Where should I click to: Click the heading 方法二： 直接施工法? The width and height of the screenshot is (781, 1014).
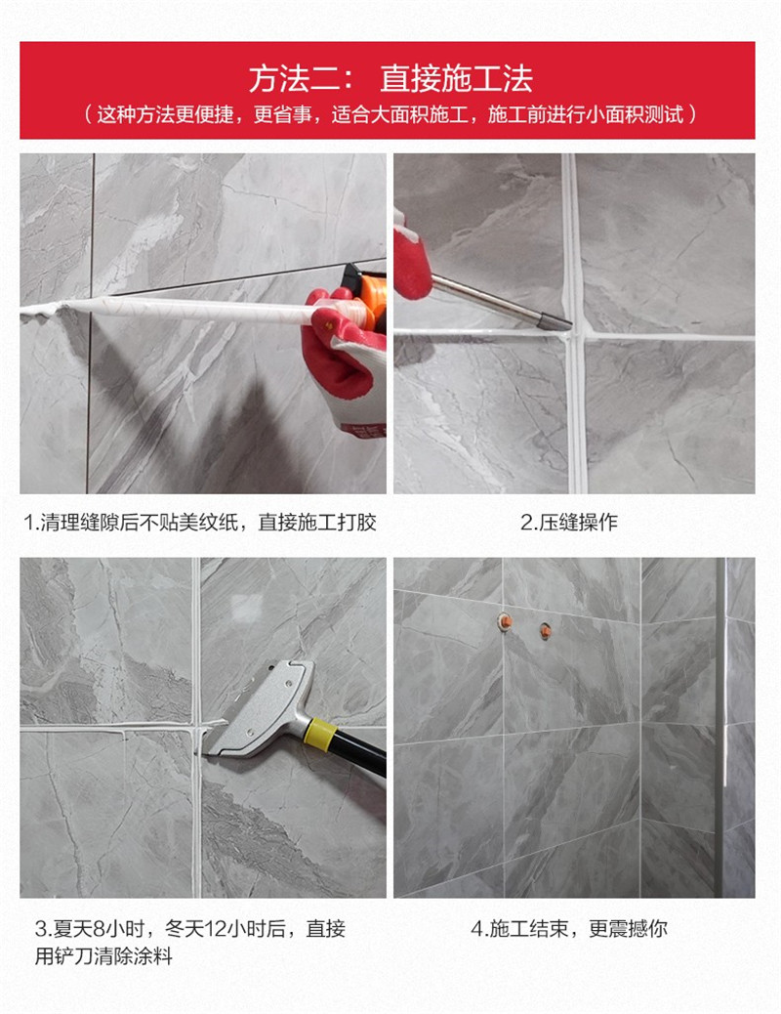coord(390,79)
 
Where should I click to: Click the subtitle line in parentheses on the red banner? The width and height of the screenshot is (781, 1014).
coord(390,115)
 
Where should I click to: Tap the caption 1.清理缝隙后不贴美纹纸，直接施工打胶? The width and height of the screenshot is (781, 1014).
coord(200,522)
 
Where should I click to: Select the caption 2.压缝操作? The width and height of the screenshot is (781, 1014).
coord(569,522)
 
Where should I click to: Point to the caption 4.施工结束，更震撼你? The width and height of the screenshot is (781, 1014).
coord(569,929)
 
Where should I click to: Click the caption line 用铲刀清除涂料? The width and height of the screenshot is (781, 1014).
coord(103,955)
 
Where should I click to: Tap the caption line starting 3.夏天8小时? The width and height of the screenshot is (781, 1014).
coord(190,929)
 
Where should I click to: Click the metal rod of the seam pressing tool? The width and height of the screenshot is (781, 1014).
coord(501,301)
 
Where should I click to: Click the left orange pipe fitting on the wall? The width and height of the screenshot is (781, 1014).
coord(505,622)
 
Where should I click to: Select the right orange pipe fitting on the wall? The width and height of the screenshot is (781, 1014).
coord(546,630)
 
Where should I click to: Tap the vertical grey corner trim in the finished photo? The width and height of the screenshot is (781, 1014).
coord(720,728)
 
